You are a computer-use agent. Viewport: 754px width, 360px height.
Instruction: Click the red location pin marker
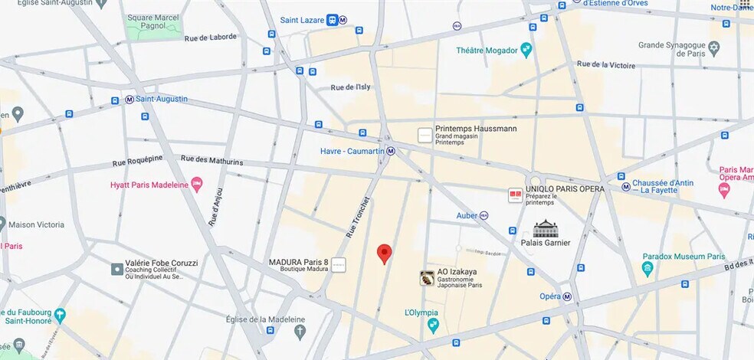pyautogui.click(x=385, y=254)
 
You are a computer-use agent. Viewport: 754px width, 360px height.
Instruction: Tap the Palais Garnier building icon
pyautogui.click(x=546, y=228)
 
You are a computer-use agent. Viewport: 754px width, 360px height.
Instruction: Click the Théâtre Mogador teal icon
pyautogui.click(x=526, y=51)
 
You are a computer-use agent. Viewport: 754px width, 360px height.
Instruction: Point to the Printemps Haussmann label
pyautogui.click(x=475, y=129)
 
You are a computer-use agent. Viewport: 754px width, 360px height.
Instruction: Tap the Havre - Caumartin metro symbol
pyautogui.click(x=391, y=151)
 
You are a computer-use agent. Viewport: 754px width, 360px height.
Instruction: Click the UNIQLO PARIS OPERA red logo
pyautogui.click(x=515, y=196)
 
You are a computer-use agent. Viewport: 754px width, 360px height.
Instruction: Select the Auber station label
pyautogui.click(x=467, y=215)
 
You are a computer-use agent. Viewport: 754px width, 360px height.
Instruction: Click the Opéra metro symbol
pyautogui.click(x=567, y=296)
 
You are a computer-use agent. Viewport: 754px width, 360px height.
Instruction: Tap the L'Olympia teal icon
pyautogui.click(x=433, y=326)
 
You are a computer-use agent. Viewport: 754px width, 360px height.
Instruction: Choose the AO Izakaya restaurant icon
pyautogui.click(x=427, y=278)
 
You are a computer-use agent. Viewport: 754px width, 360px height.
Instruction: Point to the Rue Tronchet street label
pyautogui.click(x=358, y=218)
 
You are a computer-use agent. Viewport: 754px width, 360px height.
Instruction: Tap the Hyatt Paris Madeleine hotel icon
pyautogui.click(x=197, y=185)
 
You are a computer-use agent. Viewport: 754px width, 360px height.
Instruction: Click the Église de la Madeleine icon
pyautogui.click(x=300, y=332)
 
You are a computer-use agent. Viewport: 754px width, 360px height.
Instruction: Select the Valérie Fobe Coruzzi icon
pyautogui.click(x=116, y=269)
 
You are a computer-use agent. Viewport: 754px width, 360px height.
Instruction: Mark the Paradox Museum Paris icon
pyautogui.click(x=647, y=268)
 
